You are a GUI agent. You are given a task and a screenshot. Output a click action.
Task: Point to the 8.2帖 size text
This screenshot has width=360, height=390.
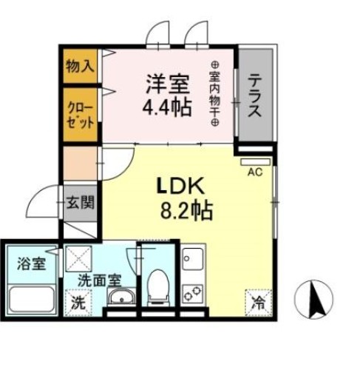186,212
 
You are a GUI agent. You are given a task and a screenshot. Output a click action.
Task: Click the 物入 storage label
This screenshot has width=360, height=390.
80,64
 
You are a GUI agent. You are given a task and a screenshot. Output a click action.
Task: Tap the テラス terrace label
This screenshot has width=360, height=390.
254,96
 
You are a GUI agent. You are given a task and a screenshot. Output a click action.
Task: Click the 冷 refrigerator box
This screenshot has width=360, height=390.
257,301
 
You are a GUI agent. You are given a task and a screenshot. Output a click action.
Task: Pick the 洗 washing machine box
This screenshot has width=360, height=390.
77,301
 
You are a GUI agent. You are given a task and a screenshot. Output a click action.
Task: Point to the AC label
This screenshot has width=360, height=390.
255,172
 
